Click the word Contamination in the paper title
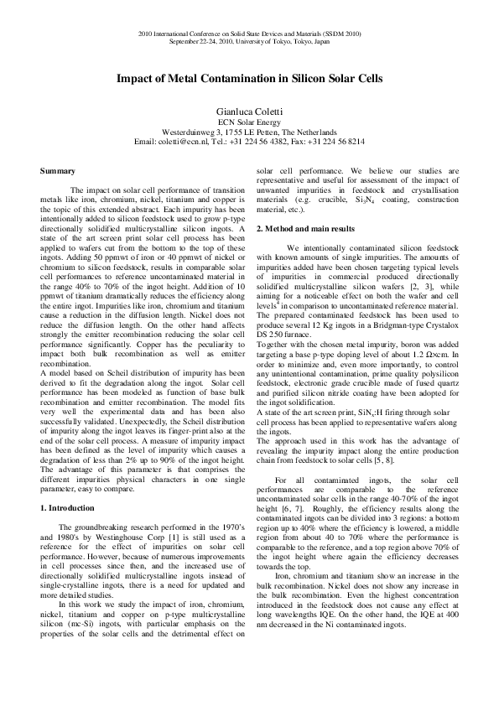pos(231,79)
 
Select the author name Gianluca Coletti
pos(249,110)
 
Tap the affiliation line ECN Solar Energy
pos(249,122)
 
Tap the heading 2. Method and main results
pos(309,229)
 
